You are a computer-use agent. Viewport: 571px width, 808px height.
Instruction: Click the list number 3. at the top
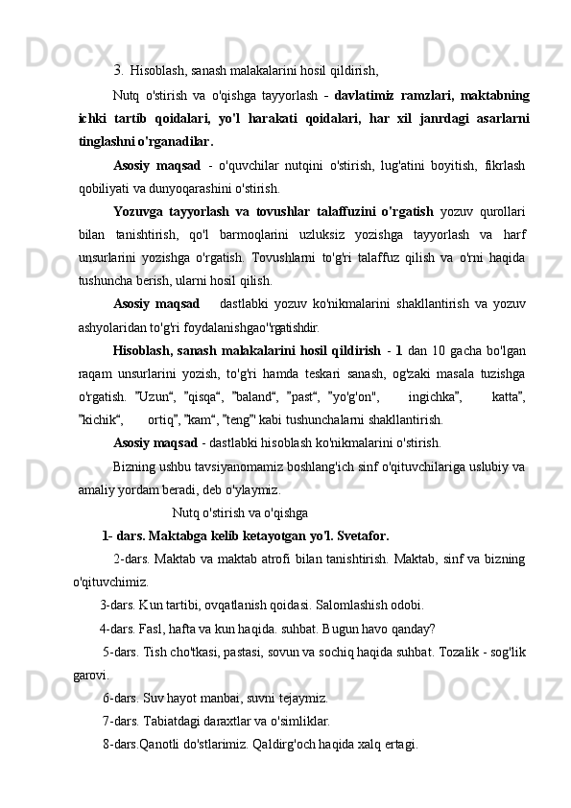coord(118,69)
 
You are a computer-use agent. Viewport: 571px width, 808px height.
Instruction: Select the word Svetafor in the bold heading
coord(357,535)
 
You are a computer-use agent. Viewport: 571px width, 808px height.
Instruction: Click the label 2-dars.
coord(130,559)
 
